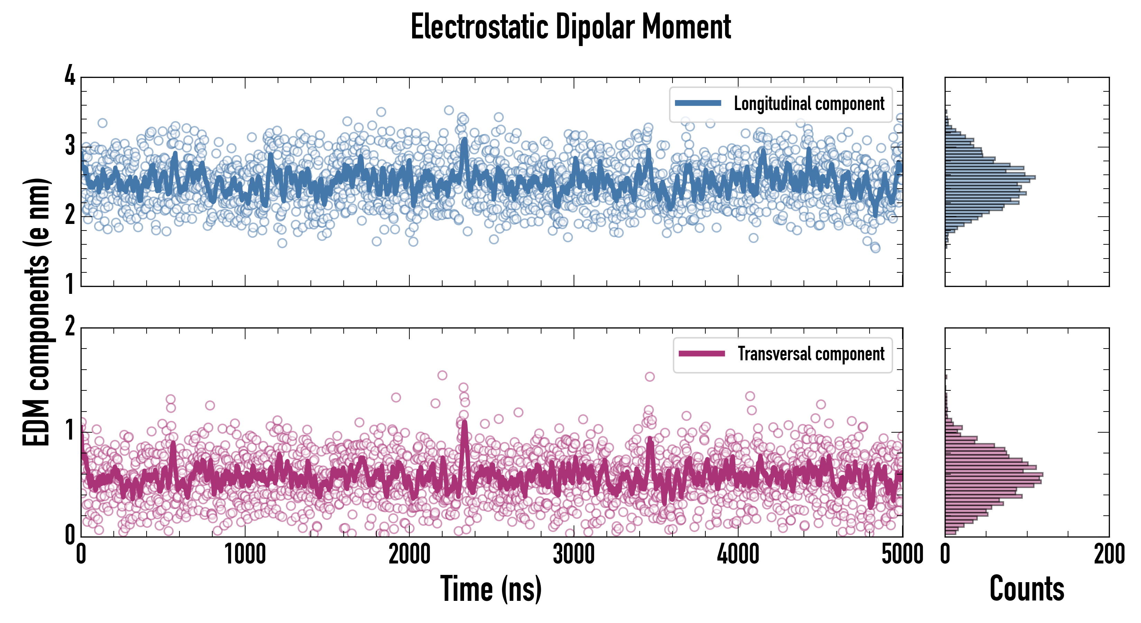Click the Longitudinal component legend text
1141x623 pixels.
point(809,103)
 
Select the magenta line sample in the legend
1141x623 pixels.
point(702,354)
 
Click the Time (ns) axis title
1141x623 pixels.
point(491,588)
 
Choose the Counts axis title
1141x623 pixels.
point(1026,588)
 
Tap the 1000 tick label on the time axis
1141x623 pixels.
point(245,554)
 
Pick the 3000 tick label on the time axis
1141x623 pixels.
point(574,554)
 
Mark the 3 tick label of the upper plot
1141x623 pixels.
point(70,145)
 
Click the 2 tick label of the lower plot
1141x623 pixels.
point(70,327)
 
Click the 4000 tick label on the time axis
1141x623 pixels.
point(738,554)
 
